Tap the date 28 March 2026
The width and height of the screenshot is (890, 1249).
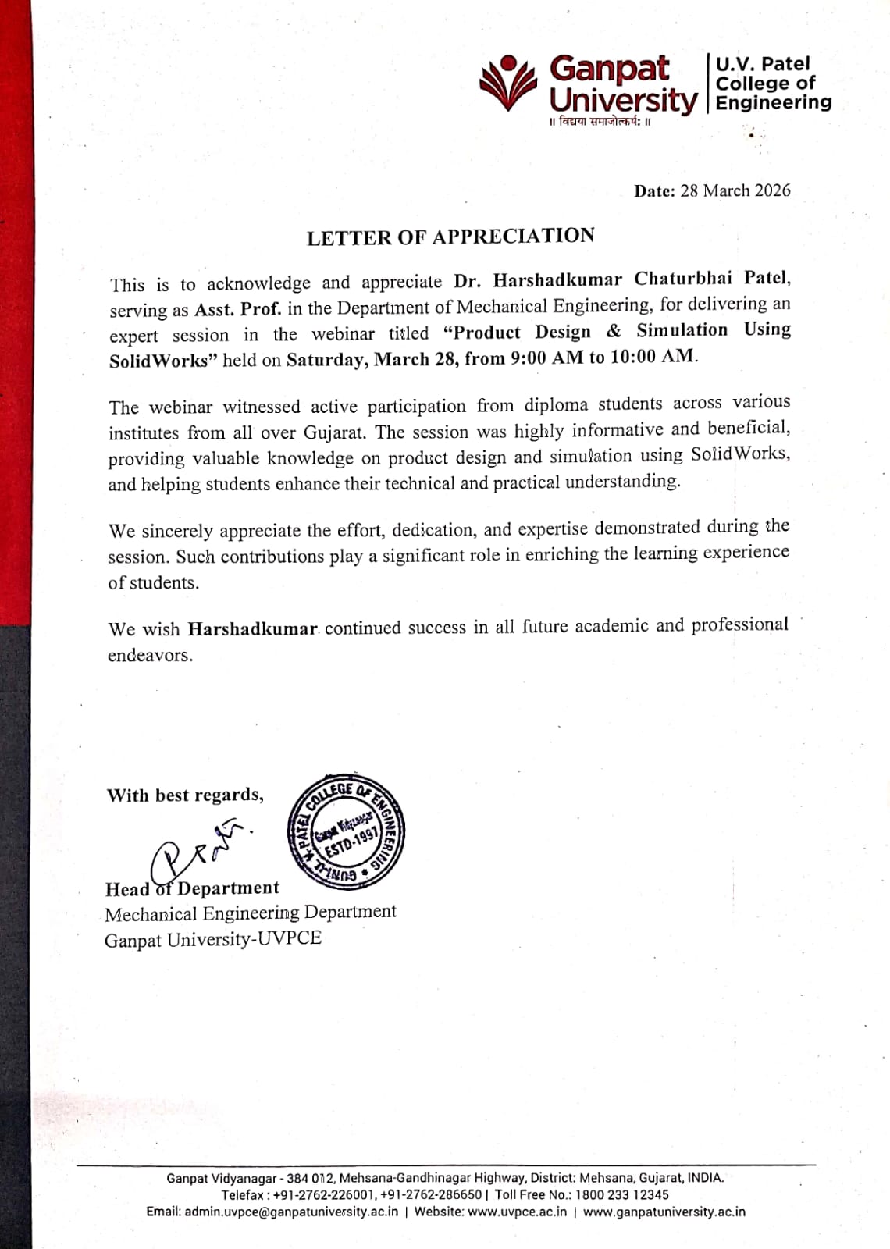[735, 190]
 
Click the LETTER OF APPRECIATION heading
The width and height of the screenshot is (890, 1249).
[450, 237]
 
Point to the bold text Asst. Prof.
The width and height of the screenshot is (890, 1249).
[237, 309]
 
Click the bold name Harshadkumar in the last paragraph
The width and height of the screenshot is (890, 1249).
[252, 628]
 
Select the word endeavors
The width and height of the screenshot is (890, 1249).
[150, 655]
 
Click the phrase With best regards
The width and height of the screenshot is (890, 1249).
[185, 795]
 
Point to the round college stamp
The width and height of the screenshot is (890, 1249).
[347, 833]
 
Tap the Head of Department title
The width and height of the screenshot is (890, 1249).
[192, 888]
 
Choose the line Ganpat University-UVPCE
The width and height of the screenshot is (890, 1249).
[213, 938]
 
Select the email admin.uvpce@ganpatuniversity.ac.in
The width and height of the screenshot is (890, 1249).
[290, 1212]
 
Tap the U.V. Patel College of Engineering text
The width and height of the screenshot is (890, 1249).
[773, 83]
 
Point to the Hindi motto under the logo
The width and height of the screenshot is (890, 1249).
[600, 123]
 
